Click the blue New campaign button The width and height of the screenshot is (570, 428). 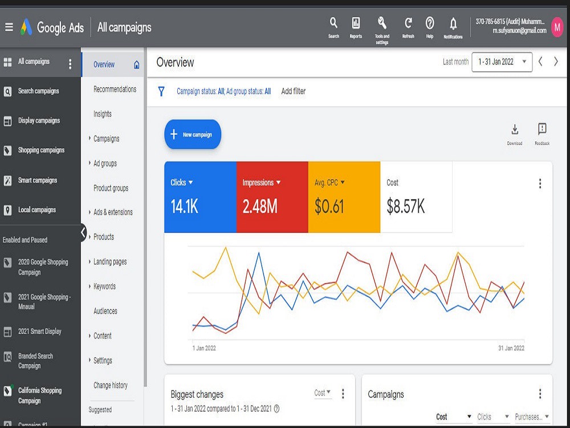[x=193, y=134]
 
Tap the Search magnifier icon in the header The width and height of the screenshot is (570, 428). [x=333, y=23]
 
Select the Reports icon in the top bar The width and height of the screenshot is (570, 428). [x=356, y=23]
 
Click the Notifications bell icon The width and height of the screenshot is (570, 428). [x=453, y=23]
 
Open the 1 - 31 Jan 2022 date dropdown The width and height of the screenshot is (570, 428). [x=502, y=62]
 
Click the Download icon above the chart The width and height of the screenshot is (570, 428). [x=515, y=129]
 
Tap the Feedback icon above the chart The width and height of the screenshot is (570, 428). [x=542, y=129]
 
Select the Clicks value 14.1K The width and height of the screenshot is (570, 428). [x=184, y=207]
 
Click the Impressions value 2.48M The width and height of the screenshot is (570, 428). [x=260, y=207]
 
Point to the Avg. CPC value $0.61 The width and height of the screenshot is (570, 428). [x=329, y=207]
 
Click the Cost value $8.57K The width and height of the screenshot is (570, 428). [x=406, y=207]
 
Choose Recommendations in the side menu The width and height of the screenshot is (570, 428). [x=115, y=89]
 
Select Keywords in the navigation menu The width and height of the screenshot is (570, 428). [x=104, y=286]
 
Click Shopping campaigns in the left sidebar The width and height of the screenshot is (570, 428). [x=42, y=150]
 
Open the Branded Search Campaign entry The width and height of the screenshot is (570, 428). [x=35, y=361]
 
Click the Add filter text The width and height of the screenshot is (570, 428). [x=294, y=91]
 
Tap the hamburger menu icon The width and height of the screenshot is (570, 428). [x=9, y=27]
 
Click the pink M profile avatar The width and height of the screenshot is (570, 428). [x=557, y=27]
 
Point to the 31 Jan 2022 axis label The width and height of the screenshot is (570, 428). [x=511, y=348]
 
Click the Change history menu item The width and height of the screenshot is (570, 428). [x=111, y=385]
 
